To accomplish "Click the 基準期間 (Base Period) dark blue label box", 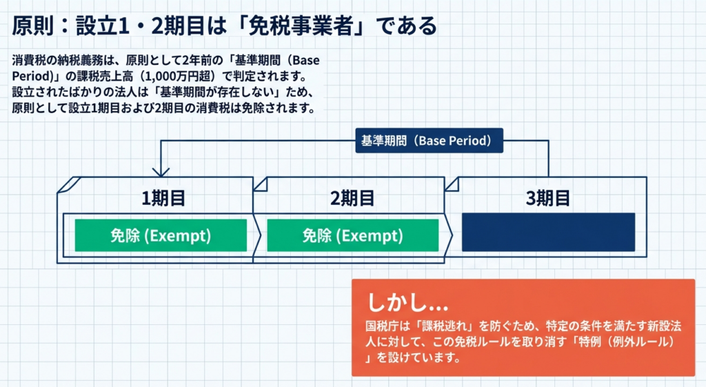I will (x=428, y=140).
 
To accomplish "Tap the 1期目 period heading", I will (x=163, y=198).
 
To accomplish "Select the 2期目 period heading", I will (x=352, y=198).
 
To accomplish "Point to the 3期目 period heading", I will (x=548, y=198).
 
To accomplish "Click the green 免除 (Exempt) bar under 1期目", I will (x=161, y=235).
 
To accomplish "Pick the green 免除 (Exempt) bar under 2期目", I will (x=352, y=235).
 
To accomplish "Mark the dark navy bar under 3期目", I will (x=548, y=232).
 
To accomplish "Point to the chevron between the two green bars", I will (x=258, y=235).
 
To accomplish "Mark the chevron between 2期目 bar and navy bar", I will (x=450, y=235).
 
